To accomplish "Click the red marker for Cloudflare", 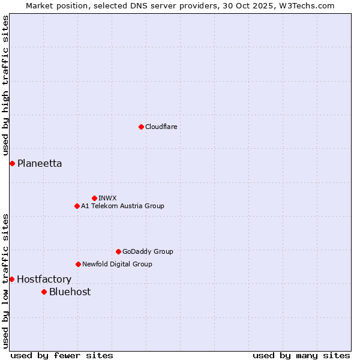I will click(x=141, y=127).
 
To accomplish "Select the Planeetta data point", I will click(x=12, y=163).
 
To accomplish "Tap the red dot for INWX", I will click(x=94, y=198).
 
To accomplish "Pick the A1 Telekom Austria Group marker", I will click(x=77, y=206).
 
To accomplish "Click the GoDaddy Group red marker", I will click(x=118, y=251).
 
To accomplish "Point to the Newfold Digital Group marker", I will click(x=78, y=264).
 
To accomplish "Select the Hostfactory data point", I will click(x=11, y=279).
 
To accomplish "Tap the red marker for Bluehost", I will click(x=44, y=292).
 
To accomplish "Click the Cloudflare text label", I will click(x=161, y=127).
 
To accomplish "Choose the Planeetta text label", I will click(x=40, y=163).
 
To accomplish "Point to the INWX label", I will click(x=107, y=198).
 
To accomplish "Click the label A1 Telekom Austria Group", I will click(x=122, y=206).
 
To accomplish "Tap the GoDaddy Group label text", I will click(x=148, y=251).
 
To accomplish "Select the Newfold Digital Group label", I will click(x=117, y=264).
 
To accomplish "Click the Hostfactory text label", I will click(x=44, y=279).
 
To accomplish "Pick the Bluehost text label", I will click(x=70, y=292).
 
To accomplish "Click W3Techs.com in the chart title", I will click(x=310, y=5).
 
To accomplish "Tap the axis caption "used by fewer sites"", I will click(x=62, y=355).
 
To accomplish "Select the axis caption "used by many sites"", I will click(x=301, y=355).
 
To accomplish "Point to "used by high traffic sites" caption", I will click(x=5, y=86).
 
